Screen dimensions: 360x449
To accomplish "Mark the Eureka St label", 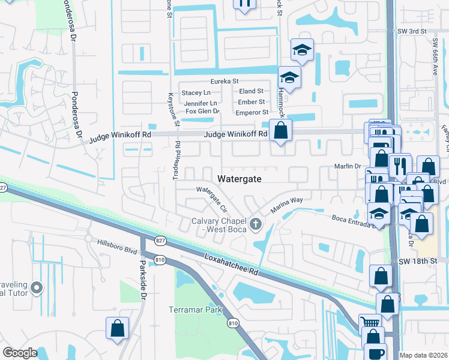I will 224,81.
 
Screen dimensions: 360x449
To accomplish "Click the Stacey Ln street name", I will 196,93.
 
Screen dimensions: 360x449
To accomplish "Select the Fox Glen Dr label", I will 203,112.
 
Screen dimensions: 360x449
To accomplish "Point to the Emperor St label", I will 251,112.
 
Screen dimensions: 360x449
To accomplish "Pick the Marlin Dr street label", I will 347,166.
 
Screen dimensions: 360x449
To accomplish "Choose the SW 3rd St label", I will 412,31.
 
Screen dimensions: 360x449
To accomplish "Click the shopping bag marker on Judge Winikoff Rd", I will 280,130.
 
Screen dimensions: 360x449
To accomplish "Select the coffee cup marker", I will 375,353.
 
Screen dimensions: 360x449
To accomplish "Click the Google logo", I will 20,353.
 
